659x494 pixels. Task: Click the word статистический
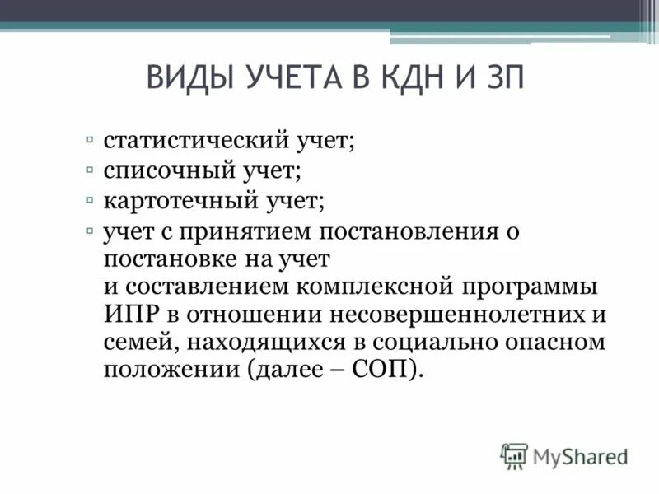[194, 141]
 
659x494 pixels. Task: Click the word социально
[450, 342]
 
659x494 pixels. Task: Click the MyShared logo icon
[513, 455]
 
